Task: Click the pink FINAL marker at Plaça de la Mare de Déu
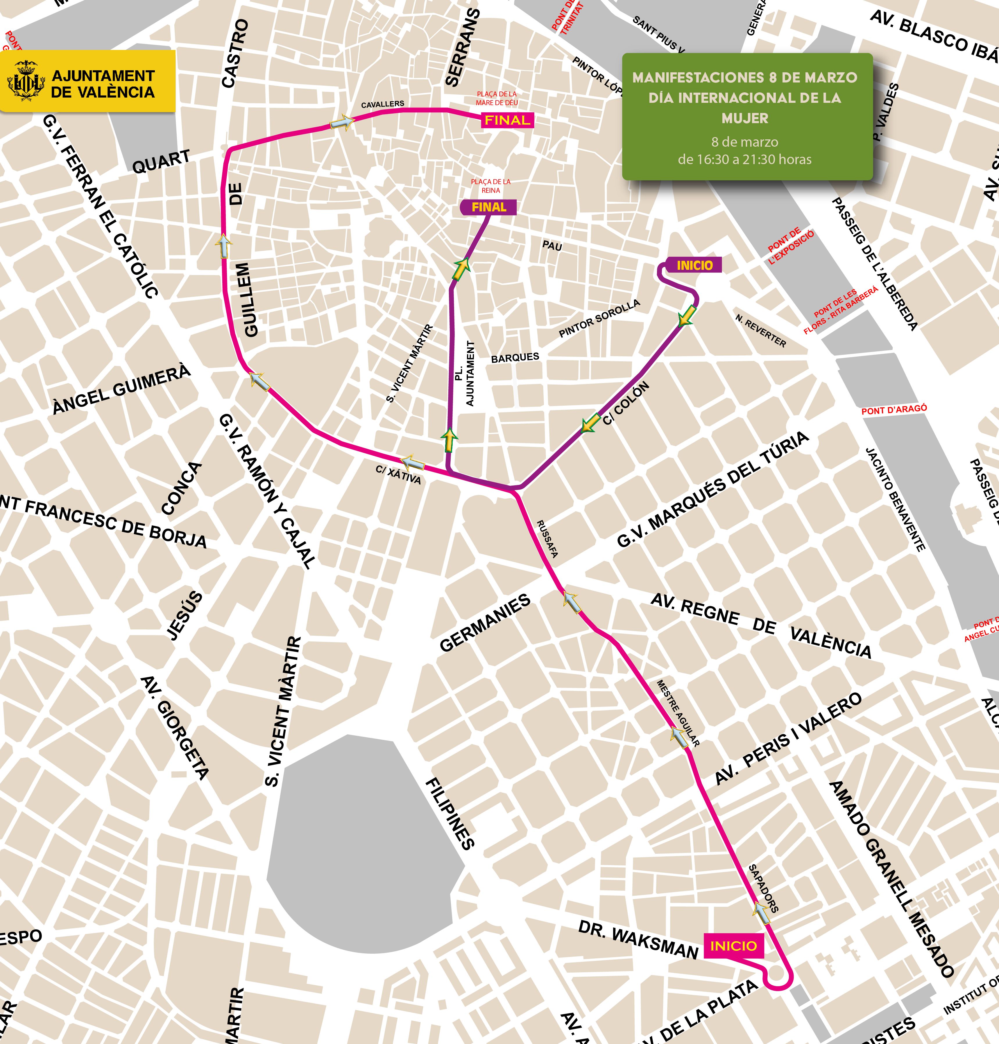coord(507,120)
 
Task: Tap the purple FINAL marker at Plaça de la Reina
coord(488,207)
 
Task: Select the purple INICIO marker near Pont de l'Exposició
coord(694,265)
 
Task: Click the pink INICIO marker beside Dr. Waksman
coord(733,946)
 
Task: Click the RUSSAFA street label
coord(547,538)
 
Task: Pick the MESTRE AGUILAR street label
coord(677,713)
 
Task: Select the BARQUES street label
coord(515,357)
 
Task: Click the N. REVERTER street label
coord(760,330)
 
